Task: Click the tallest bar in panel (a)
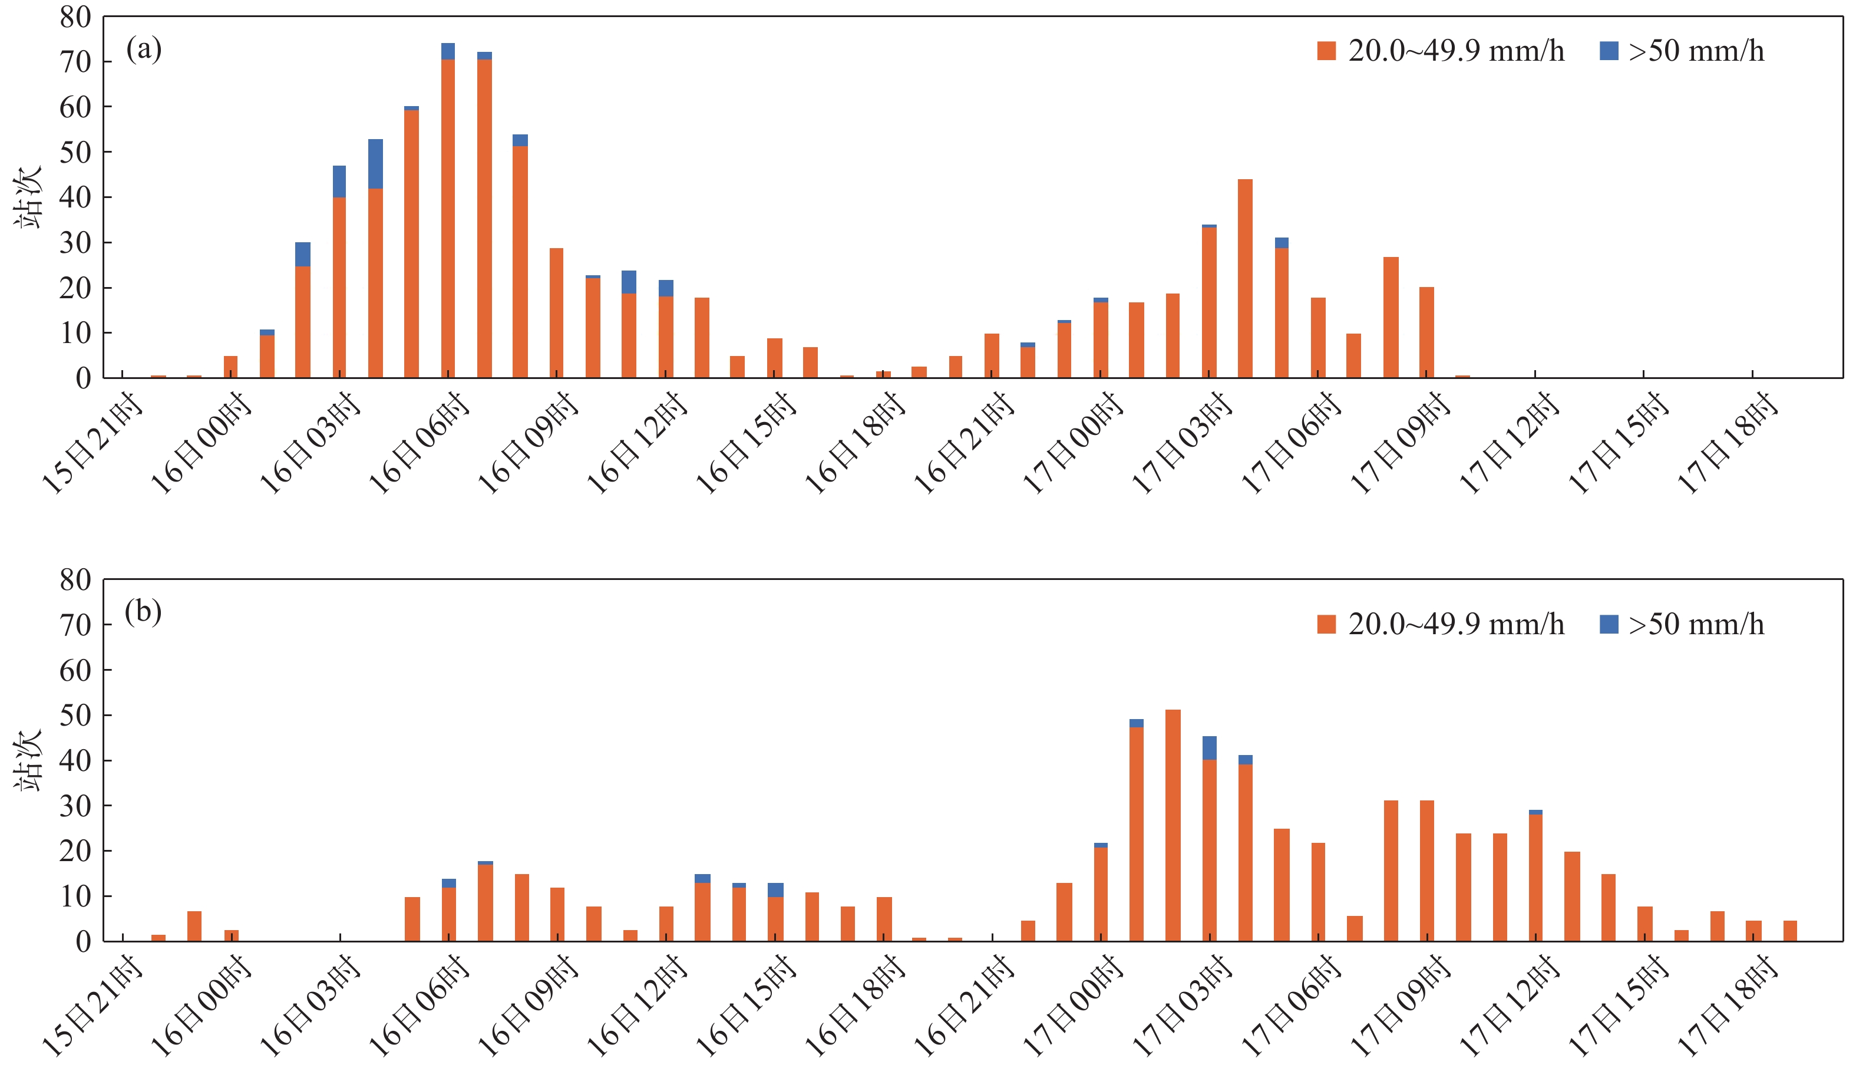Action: click(448, 213)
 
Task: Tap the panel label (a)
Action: click(144, 50)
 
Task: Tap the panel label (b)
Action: click(143, 612)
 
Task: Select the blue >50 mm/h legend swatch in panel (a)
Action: click(1608, 51)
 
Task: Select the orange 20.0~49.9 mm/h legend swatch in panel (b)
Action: click(1326, 624)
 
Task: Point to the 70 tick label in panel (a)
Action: click(75, 62)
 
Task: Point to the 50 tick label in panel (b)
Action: click(75, 716)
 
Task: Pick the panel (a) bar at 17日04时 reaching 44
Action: click(1245, 279)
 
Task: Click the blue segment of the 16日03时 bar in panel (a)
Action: click(339, 181)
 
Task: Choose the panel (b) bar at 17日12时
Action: click(1535, 877)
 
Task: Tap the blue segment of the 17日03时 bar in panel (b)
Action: click(1209, 747)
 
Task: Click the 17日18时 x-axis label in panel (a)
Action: click(1727, 444)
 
